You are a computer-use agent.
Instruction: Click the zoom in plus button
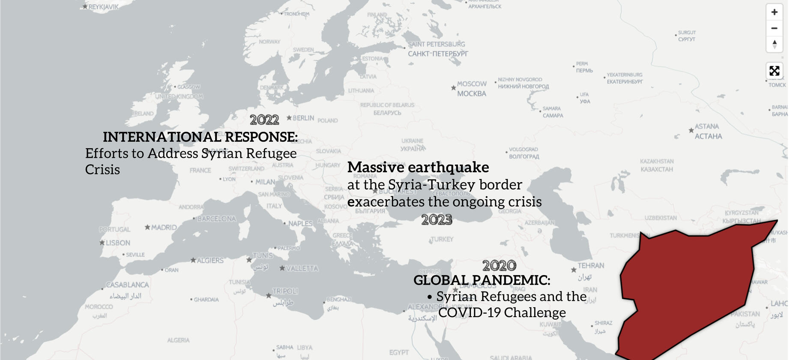774,12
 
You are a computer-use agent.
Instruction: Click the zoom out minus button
774,28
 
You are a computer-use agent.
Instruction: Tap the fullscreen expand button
774,71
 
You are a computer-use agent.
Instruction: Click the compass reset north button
774,44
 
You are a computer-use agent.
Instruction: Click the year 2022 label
264,120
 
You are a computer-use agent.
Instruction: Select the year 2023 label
437,220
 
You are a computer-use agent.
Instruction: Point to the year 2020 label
499,266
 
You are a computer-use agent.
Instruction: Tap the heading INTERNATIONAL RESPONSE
200,137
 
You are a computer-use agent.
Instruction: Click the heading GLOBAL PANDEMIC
482,280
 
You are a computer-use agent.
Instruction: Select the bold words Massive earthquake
418,167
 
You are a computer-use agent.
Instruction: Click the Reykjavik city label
103,7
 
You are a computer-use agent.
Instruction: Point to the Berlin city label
303,118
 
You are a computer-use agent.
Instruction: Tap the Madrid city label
163,228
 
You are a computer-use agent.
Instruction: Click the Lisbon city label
117,243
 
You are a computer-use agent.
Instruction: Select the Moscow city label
471,84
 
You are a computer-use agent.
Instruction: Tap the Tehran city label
590,266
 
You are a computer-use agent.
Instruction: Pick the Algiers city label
209,261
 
